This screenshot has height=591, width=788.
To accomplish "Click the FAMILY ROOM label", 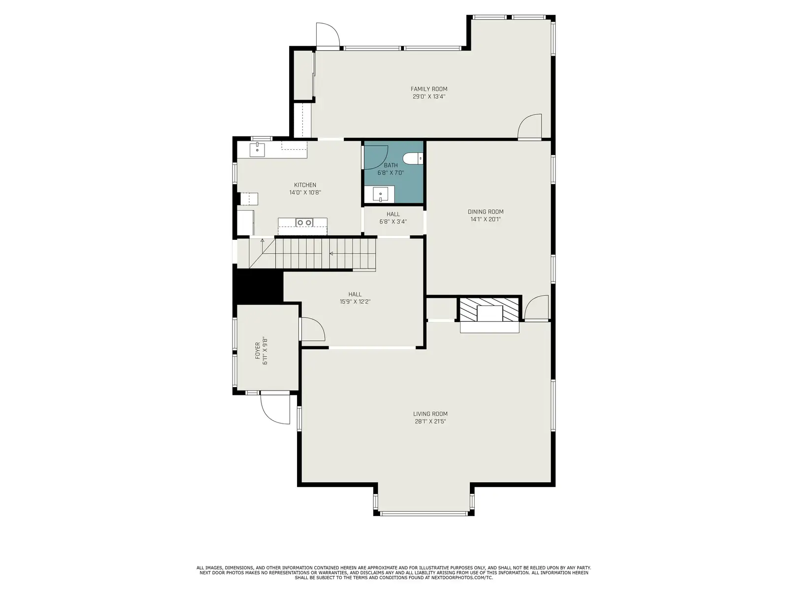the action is [x=429, y=89].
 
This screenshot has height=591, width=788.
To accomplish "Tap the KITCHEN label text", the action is [x=305, y=185].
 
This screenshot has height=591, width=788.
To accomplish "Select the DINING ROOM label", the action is [x=486, y=212].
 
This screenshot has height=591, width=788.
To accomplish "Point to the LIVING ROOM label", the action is [x=430, y=414].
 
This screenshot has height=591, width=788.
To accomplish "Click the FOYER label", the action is [x=258, y=351].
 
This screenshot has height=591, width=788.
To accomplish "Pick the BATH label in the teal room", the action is [x=391, y=165].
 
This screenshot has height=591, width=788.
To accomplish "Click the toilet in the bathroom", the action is [x=413, y=158].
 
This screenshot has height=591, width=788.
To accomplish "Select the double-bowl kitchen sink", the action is [x=304, y=223].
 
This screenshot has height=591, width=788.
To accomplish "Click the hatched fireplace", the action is [x=490, y=309].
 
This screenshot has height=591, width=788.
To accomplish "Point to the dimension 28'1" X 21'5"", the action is [x=430, y=421].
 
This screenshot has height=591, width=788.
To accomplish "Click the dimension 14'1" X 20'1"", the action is [x=486, y=219].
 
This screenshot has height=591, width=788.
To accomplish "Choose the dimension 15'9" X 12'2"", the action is [x=355, y=302].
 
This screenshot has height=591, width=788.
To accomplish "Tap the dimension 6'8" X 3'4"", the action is [x=393, y=222].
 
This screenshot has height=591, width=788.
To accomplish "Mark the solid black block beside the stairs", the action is [x=258, y=286].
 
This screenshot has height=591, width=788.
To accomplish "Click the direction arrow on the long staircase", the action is [x=331, y=254].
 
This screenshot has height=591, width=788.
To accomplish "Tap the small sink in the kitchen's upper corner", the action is [x=257, y=150].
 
